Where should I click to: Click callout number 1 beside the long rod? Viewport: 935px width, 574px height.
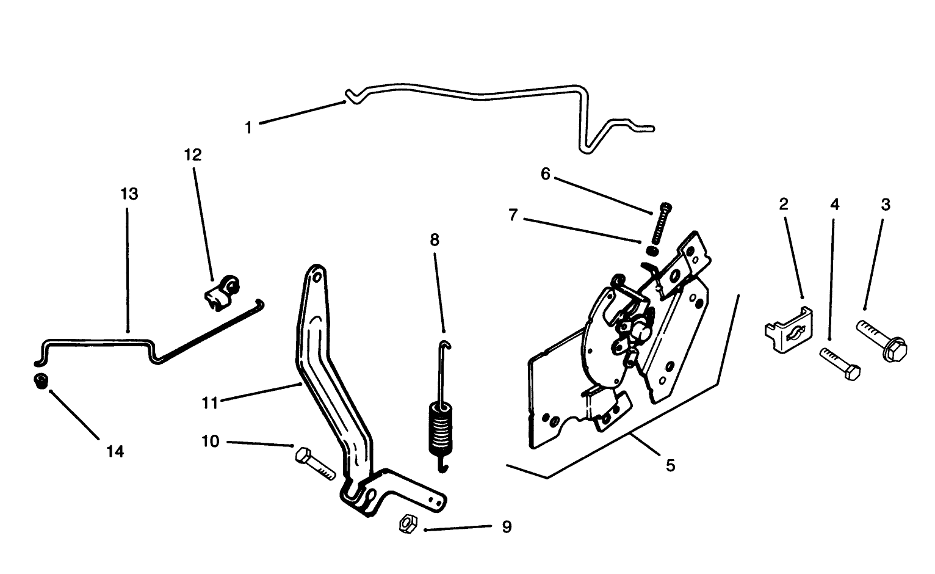[248, 128]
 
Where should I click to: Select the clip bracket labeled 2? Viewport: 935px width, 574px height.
[788, 330]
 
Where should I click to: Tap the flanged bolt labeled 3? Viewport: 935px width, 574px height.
[883, 341]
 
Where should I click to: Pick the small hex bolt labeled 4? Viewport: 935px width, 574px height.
[840, 364]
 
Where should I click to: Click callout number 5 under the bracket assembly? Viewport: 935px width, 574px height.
[670, 465]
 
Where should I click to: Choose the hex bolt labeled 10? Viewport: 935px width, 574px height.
[314, 464]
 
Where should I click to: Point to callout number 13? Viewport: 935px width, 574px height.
[129, 194]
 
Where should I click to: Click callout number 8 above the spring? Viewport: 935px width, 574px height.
[434, 239]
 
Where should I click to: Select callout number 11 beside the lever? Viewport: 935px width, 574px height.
[210, 402]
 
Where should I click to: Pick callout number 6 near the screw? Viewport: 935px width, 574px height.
[545, 174]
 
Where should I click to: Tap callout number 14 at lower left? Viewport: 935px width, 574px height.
[115, 451]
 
